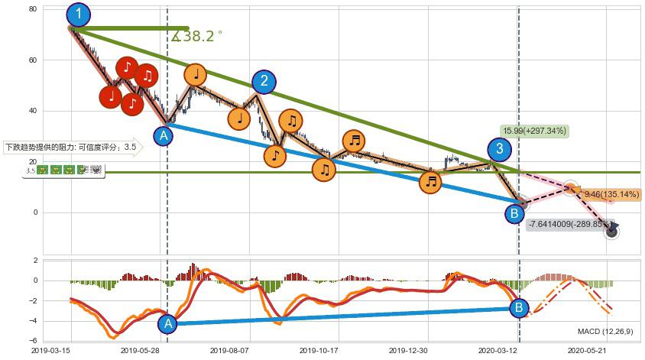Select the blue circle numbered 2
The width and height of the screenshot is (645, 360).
tap(264, 82)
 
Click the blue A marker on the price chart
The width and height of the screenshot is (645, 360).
tap(163, 136)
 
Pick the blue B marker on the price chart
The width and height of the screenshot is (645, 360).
tap(515, 213)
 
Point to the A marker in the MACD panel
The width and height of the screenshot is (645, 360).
tap(167, 324)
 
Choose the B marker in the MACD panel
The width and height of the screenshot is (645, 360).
tap(519, 308)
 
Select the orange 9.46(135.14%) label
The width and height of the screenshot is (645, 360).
tap(611, 194)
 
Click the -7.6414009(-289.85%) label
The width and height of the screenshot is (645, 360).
tap(569, 225)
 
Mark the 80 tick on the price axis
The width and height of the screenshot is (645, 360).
tap(33, 9)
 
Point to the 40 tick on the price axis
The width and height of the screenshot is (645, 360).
tap(33, 111)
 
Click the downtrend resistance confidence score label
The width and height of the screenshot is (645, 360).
tap(71, 147)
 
